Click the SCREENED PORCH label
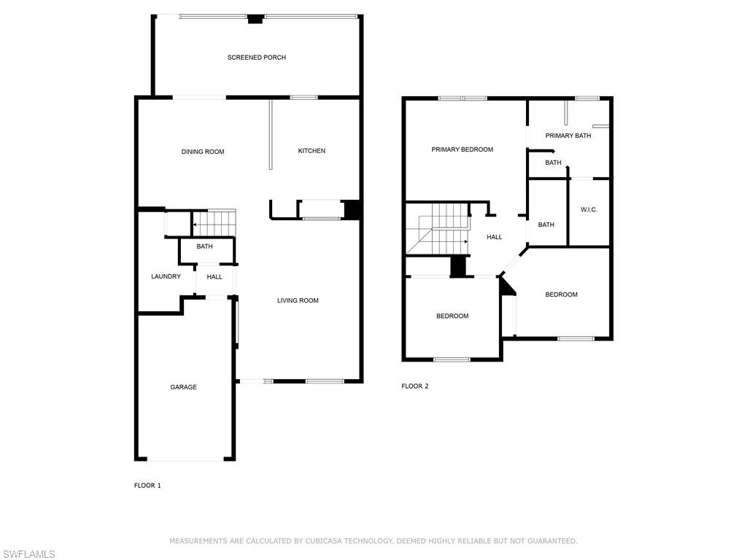256,58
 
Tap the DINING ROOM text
203,152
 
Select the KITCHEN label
311,151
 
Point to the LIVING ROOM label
298,300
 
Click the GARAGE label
183,387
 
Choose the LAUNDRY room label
166,276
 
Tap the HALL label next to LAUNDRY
214,277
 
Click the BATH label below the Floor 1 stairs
204,246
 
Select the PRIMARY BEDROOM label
462,149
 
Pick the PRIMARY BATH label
568,136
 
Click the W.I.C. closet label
589,210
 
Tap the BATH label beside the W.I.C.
546,225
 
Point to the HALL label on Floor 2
495,237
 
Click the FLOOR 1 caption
147,486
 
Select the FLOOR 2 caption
415,386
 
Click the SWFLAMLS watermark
28,554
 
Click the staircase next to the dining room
214,222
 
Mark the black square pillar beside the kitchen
352,209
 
